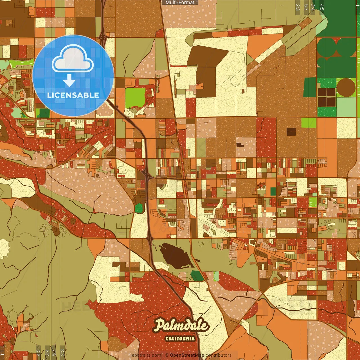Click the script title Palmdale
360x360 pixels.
[181, 326]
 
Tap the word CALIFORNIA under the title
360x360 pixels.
[180, 338]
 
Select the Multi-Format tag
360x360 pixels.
[180, 3]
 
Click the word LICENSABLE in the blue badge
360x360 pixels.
[73, 95]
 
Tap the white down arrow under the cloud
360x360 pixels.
[69, 81]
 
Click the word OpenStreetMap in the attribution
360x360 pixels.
[187, 355]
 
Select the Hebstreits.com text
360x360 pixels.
[145, 355]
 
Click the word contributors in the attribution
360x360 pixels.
[219, 355]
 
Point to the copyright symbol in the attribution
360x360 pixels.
[167, 355]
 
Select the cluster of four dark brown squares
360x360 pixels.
[327, 97]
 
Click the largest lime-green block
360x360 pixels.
[135, 98]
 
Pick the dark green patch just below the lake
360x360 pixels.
[197, 276]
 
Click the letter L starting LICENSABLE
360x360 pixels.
[49, 95]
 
